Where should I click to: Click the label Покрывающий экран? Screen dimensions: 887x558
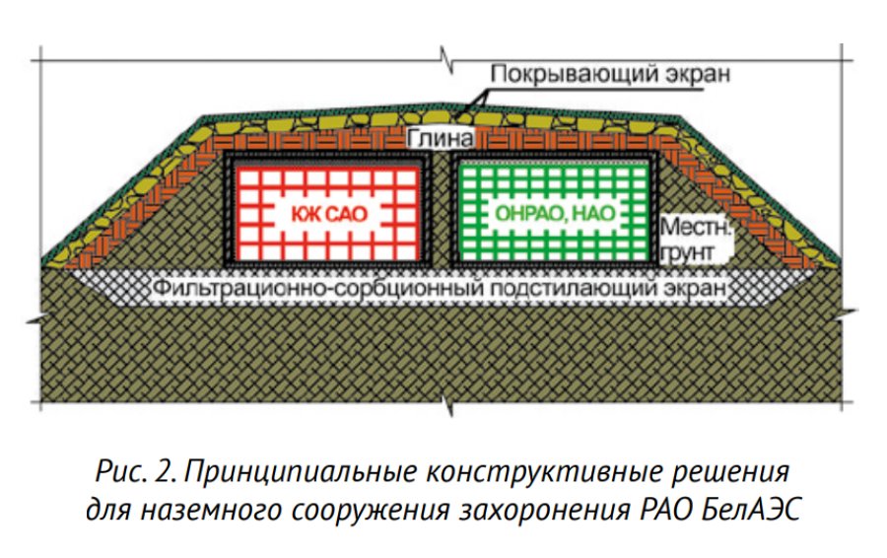pyautogui.click(x=610, y=74)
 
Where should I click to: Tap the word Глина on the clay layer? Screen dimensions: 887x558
pyautogui.click(x=441, y=139)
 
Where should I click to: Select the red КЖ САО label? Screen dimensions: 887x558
pyautogui.click(x=329, y=214)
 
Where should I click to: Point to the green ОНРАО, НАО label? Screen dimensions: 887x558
pyautogui.click(x=555, y=213)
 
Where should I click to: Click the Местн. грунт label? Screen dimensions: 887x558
pyautogui.click(x=696, y=240)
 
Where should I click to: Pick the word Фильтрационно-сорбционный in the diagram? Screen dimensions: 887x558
pyautogui.click(x=319, y=288)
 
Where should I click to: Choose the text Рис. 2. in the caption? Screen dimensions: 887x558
pyautogui.click(x=136, y=471)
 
